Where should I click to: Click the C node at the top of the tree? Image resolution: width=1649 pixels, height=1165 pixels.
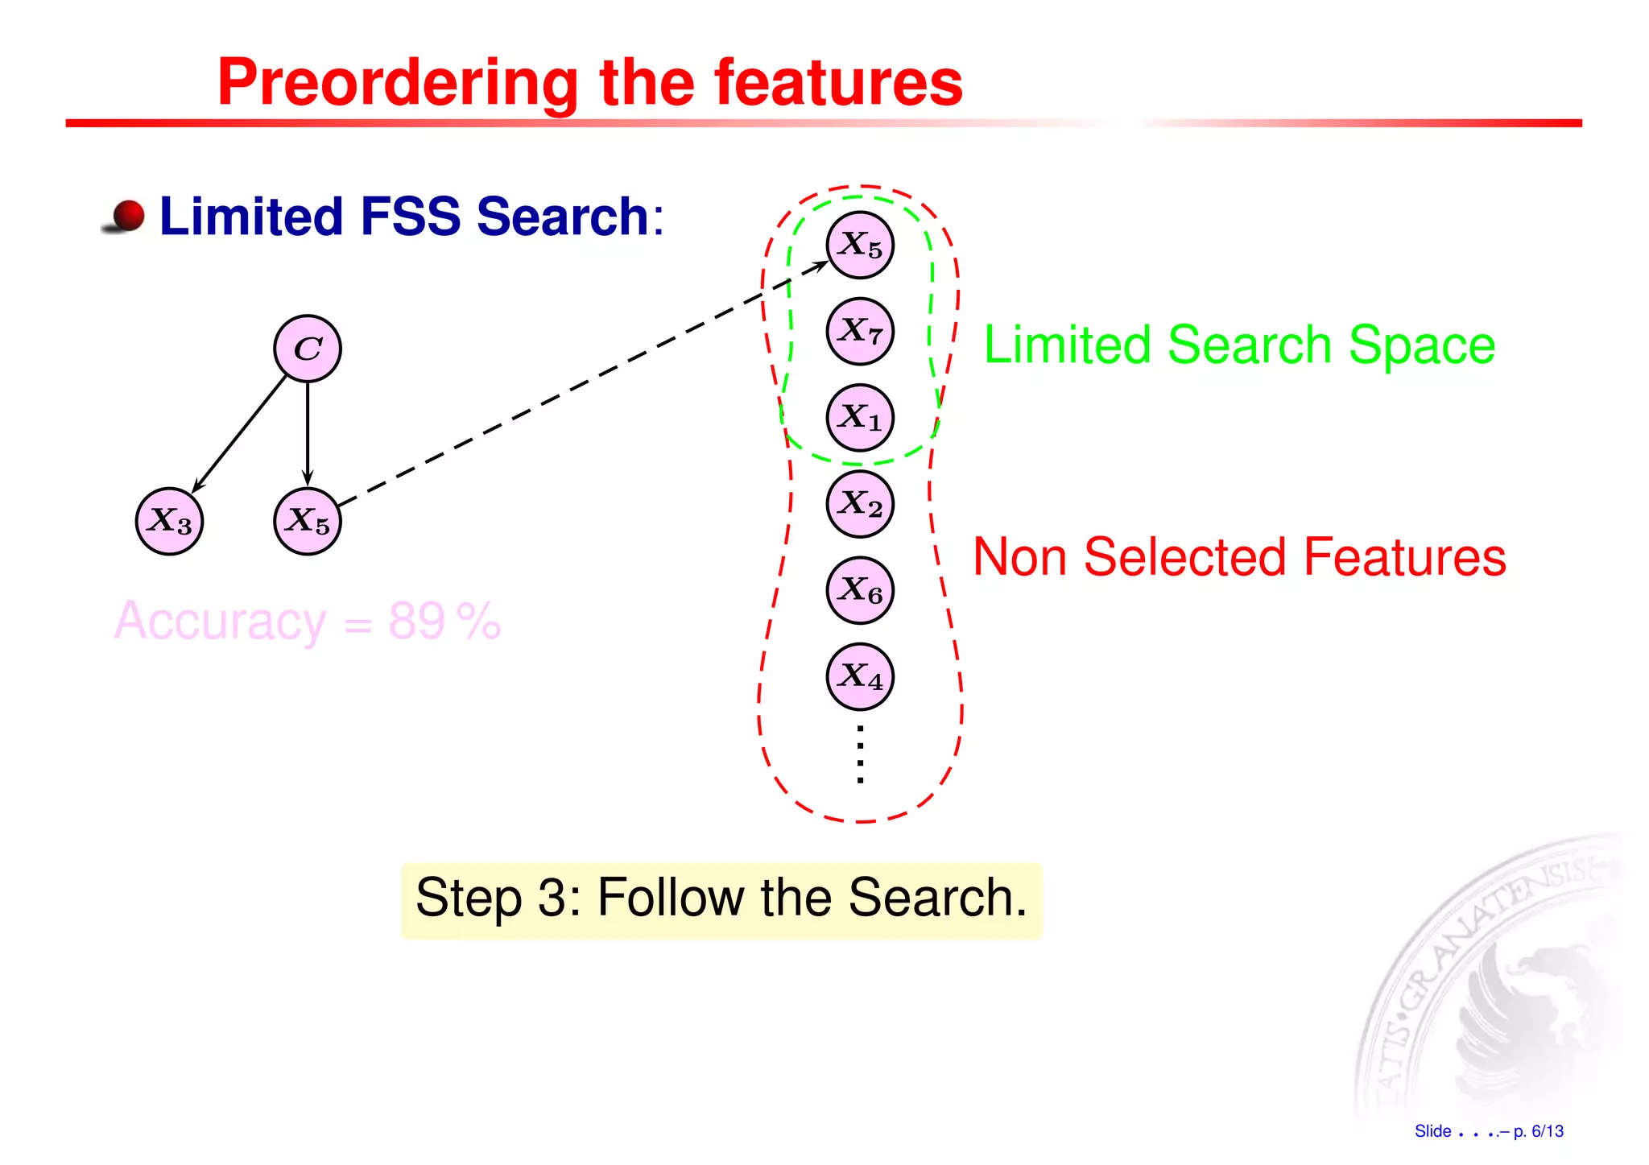(x=308, y=349)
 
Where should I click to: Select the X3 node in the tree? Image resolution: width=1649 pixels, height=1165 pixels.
(x=169, y=521)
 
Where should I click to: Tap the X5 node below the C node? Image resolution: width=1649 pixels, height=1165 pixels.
(x=308, y=521)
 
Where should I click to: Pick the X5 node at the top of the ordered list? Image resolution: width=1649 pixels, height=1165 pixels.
(x=860, y=245)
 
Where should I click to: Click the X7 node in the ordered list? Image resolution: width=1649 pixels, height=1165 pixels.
(x=860, y=331)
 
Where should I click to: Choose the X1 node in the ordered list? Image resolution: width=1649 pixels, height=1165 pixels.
(x=860, y=417)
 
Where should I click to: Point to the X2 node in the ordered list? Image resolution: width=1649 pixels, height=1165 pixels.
(x=860, y=504)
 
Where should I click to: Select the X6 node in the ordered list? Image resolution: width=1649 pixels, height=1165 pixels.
(x=860, y=590)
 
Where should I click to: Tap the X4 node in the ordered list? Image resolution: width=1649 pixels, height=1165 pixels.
(x=860, y=676)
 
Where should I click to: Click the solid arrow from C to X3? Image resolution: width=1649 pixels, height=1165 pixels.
(x=240, y=432)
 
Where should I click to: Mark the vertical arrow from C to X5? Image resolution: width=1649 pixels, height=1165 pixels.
(x=308, y=435)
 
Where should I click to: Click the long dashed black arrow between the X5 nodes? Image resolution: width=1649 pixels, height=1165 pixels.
(x=580, y=386)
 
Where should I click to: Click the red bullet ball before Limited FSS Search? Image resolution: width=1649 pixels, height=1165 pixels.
(x=127, y=216)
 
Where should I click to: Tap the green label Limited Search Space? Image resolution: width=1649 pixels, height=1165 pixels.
(x=1239, y=345)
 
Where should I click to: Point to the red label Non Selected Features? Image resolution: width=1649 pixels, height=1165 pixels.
(x=1239, y=556)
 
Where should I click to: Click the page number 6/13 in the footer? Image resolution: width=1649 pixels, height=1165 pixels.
(x=1547, y=1131)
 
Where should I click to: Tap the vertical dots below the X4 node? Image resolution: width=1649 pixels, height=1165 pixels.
(x=860, y=754)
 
